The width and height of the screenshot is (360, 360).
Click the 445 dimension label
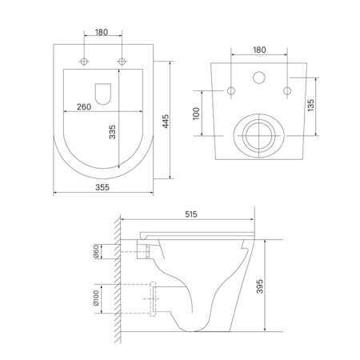click(166, 122)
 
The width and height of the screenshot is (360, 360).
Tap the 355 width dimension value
click(102, 187)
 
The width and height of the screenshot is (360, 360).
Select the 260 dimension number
click(84, 107)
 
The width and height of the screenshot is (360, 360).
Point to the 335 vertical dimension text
click(112, 132)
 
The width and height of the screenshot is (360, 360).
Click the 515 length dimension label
click(191, 214)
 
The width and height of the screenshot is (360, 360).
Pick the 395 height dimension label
click(259, 286)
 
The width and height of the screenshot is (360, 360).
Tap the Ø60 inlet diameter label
click(96, 251)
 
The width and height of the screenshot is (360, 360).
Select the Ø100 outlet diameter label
click(96, 298)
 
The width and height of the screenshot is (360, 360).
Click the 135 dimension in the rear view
click(310, 106)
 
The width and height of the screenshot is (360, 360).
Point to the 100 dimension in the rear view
click(196, 114)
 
